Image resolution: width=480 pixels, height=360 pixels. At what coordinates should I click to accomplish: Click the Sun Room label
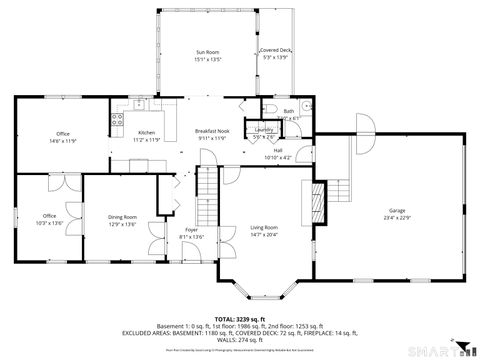pyautogui.click(x=206, y=51)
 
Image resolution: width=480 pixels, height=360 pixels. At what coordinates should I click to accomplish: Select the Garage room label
pyautogui.click(x=397, y=210)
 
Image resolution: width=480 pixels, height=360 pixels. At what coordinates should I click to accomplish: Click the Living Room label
pyautogui.click(x=264, y=228)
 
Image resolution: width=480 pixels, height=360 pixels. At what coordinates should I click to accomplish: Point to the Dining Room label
pyautogui.click(x=122, y=216)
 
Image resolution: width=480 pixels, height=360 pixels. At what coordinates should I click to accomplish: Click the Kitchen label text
pyautogui.click(x=147, y=133)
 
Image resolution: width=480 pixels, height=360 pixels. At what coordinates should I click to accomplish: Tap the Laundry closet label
pyautogui.click(x=264, y=129)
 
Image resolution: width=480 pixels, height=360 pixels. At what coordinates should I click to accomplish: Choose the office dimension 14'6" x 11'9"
pyautogui.click(x=63, y=141)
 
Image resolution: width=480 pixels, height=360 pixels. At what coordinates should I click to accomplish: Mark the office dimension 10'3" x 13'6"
pyautogui.click(x=49, y=222)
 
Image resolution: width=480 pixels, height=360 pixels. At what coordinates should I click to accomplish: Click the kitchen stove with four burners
pyautogui.click(x=117, y=126)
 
